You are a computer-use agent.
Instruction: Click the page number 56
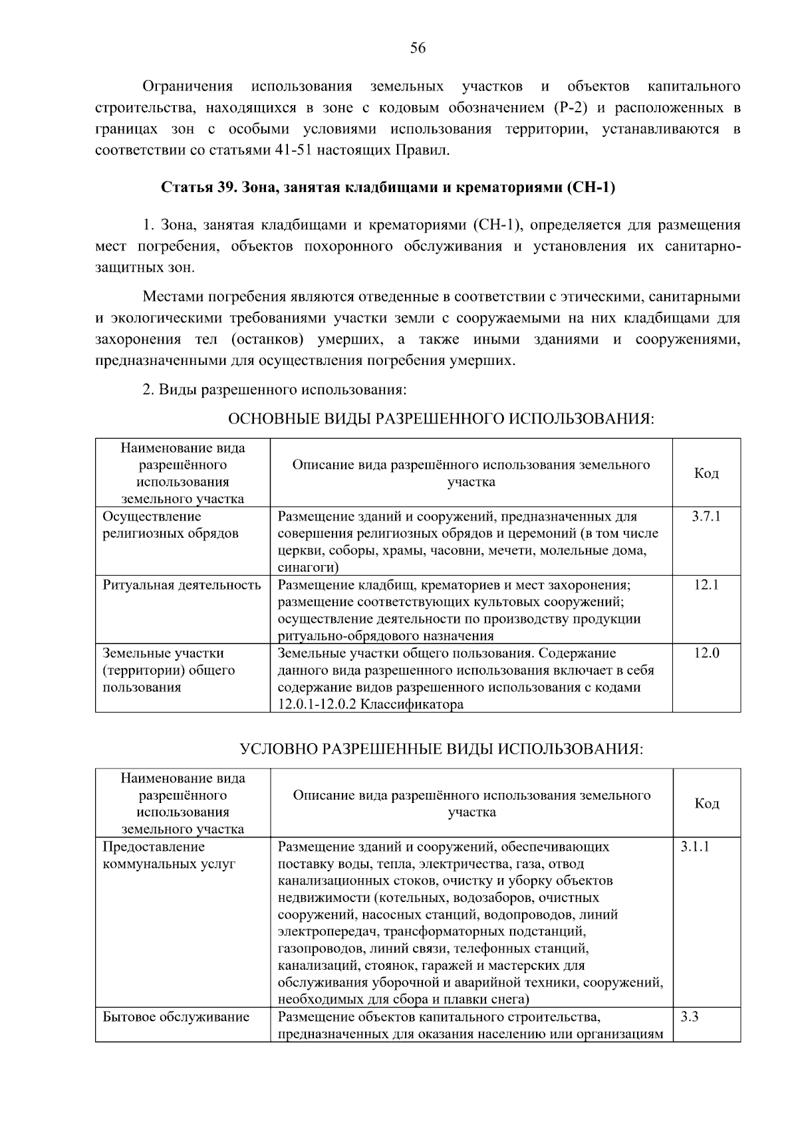[418, 48]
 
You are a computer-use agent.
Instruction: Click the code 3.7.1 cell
[706, 516]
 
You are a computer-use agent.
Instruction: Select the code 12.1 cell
[706, 586]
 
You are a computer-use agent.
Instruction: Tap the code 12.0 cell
[706, 653]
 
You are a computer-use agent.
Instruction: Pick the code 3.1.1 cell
[695, 847]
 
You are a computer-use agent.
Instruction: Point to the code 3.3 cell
[690, 1017]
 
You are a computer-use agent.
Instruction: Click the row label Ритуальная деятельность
[182, 585]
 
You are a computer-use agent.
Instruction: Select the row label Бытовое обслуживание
[176, 1017]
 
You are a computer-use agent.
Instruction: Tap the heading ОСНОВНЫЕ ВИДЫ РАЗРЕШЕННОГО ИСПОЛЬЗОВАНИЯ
[441, 419]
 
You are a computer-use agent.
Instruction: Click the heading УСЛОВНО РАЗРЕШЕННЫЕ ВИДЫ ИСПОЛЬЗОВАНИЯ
[441, 749]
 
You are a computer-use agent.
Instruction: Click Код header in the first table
[706, 473]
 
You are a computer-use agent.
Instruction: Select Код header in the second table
[706, 804]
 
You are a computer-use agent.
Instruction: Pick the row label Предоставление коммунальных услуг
[169, 855]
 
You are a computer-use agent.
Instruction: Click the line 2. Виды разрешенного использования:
[275, 390]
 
